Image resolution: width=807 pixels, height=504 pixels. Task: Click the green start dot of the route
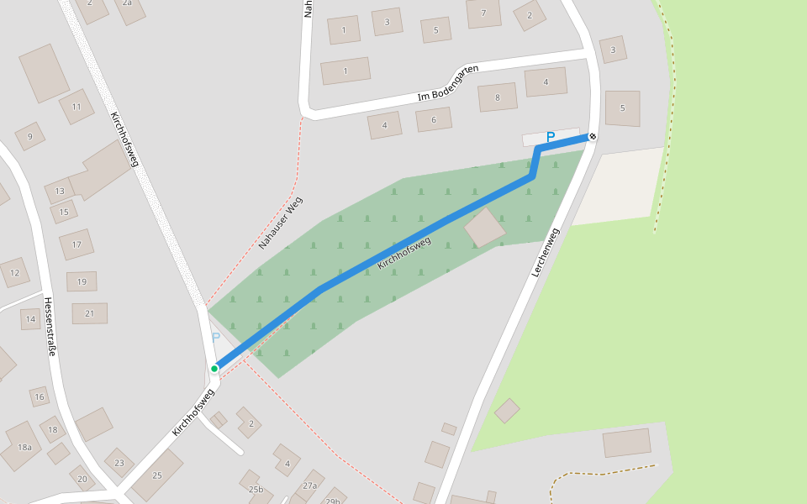pos(215,368)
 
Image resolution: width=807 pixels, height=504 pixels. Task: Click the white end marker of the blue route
pos(593,136)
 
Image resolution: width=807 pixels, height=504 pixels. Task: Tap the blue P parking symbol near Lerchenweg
pos(551,137)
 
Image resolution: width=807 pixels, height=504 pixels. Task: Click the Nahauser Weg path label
pos(280,223)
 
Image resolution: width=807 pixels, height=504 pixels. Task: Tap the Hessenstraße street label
pos(50,326)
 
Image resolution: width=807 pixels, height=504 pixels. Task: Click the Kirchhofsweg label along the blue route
pos(404,253)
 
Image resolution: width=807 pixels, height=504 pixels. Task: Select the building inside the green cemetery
pos(485,228)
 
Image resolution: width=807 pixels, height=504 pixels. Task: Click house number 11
pos(76,107)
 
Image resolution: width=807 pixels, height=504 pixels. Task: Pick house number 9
pos(30,136)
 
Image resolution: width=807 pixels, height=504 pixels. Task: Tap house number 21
pos(90,313)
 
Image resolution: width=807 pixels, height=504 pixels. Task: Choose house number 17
pos(76,244)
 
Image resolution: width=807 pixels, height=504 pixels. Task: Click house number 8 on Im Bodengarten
pos(498,97)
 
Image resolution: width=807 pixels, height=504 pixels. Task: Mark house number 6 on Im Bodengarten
pos(434,119)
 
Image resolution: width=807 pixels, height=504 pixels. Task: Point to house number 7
pos(483,13)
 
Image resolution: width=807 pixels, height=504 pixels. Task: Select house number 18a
pos(24,447)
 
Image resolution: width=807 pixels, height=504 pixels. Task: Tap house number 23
pos(119,463)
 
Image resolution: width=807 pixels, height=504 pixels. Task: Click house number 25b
pos(256,490)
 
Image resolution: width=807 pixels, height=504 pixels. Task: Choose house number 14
pos(30,318)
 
